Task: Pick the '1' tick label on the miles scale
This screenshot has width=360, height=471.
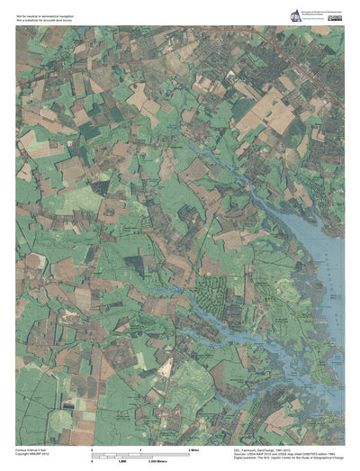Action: pos(139,448)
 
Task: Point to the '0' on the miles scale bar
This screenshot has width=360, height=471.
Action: pos(92,448)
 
